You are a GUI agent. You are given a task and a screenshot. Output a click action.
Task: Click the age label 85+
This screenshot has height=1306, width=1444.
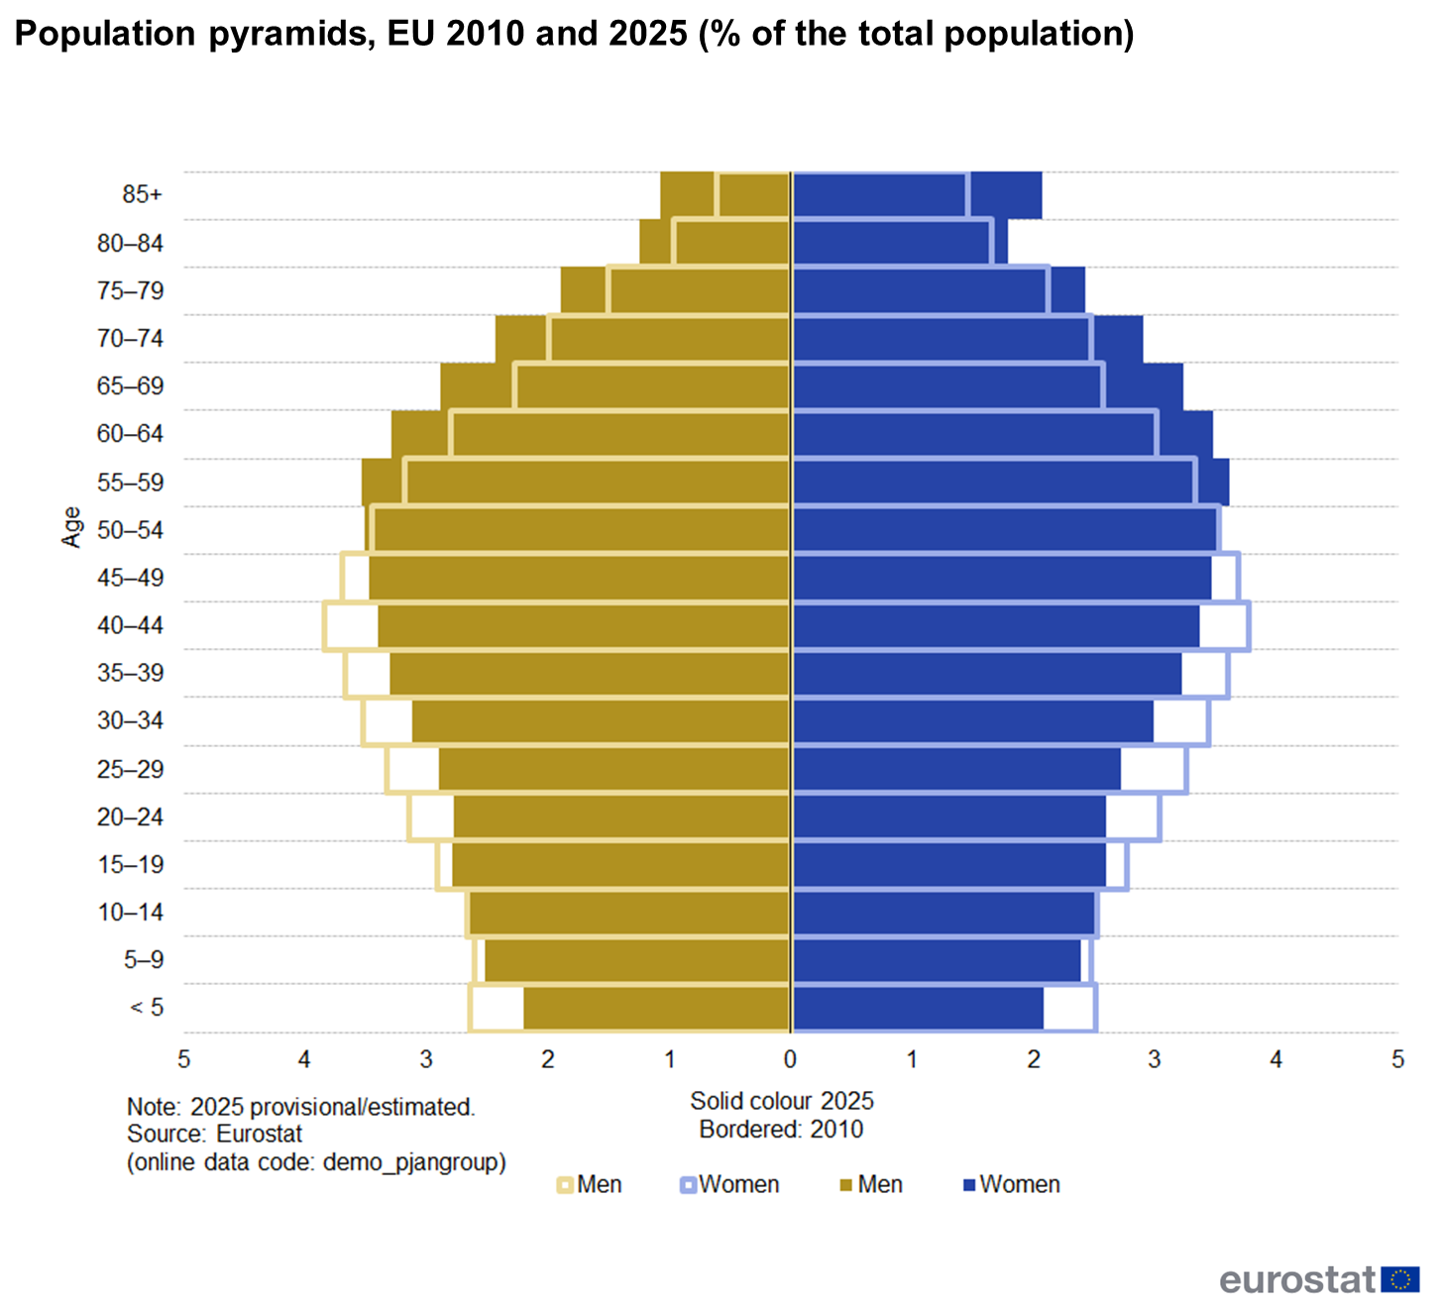click(x=142, y=194)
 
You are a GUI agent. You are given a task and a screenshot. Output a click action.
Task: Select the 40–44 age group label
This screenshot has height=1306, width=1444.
click(x=130, y=625)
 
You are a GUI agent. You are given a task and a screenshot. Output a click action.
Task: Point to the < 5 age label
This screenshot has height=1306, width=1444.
click(x=147, y=1008)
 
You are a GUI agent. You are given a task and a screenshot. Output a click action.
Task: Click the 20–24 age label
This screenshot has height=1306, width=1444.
click(x=130, y=817)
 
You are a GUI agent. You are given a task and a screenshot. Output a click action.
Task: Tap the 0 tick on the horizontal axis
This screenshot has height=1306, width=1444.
click(x=790, y=1059)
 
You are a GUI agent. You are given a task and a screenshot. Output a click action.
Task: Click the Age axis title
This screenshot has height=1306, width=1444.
click(x=71, y=527)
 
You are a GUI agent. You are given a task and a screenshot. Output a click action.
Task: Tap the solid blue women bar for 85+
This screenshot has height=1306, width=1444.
click(x=917, y=194)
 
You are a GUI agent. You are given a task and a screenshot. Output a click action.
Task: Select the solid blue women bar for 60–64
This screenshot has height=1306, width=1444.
click(x=1001, y=434)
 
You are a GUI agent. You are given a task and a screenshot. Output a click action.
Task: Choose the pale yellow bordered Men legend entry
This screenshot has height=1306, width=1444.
click(x=590, y=1184)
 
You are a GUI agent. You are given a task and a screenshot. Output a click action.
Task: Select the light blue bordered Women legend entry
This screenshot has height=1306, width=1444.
click(x=729, y=1184)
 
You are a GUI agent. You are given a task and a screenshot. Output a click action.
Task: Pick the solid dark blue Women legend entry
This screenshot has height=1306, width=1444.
click(x=1011, y=1184)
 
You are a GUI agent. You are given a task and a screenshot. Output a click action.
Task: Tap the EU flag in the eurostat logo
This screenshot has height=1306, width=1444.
click(x=1399, y=1279)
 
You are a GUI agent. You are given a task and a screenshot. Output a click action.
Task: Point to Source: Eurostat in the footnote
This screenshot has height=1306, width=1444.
click(x=214, y=1134)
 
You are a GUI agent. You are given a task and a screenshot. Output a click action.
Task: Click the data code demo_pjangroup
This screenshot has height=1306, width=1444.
click(x=413, y=1161)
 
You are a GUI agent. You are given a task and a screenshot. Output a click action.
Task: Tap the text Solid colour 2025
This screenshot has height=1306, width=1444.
click(x=782, y=1101)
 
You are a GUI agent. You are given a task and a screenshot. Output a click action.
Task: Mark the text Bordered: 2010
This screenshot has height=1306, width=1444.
click(x=781, y=1129)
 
